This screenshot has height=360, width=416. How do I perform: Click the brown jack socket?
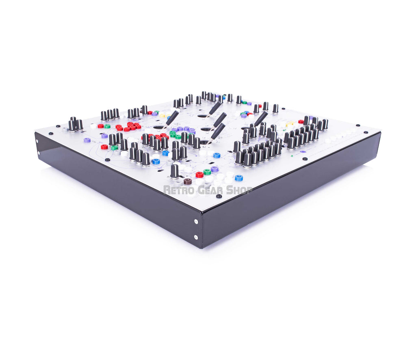click(188, 181)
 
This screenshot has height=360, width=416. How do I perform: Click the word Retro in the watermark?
click(178, 190)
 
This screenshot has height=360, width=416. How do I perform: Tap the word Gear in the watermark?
click(209, 190)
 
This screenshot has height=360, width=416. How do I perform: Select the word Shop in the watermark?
click(239, 190)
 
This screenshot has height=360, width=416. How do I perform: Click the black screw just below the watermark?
click(219, 196)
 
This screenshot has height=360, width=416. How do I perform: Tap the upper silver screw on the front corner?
click(196, 222)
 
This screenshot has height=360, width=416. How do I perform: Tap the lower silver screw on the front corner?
click(196, 237)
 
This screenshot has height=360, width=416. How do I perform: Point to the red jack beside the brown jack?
click(199, 175)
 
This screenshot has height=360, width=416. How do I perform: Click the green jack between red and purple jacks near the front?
click(207, 172)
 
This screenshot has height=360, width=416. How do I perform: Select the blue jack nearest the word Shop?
click(238, 178)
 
